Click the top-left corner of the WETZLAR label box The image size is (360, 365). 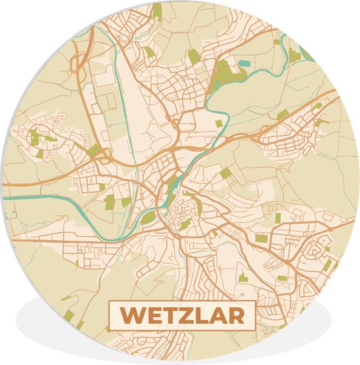coord(109,301)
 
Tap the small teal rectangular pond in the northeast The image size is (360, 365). coord(245,63)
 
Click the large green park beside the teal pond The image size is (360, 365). coord(226,71)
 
